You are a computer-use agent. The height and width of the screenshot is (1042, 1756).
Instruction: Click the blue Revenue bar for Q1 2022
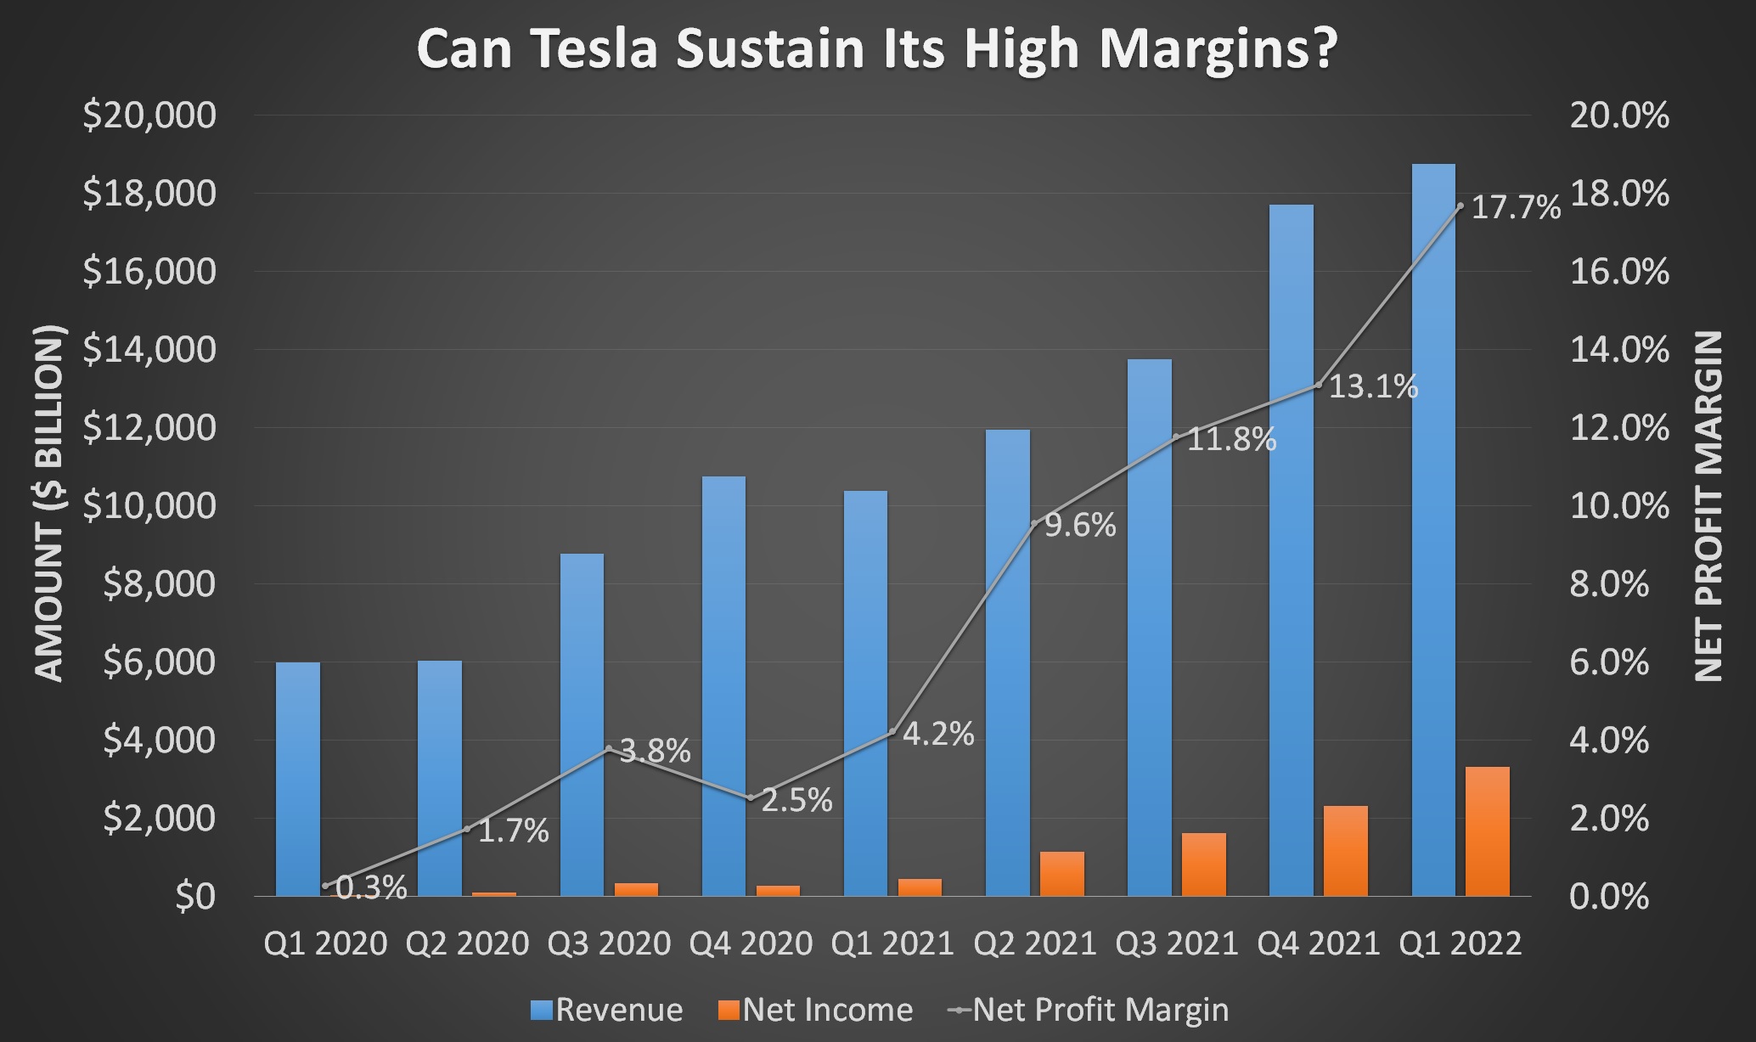(1432, 527)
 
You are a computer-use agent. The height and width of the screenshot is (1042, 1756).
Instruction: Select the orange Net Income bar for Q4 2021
(1346, 851)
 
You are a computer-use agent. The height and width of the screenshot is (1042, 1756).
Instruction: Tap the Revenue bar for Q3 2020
(582, 722)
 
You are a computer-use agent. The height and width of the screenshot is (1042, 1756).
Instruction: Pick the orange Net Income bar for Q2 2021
(1062, 874)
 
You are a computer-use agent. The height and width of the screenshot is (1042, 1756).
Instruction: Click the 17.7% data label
(1516, 208)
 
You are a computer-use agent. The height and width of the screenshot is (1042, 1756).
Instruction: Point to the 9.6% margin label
(1080, 527)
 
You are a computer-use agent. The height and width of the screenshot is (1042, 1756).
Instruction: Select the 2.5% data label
(796, 800)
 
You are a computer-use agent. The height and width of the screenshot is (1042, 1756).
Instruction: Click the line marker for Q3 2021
(1176, 437)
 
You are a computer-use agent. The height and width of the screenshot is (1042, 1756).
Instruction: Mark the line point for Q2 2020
(466, 829)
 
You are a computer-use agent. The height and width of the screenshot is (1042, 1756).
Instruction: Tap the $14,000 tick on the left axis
(149, 350)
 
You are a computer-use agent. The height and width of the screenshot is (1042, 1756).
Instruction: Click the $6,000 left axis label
(160, 662)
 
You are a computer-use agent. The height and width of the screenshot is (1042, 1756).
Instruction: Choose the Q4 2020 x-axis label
(751, 943)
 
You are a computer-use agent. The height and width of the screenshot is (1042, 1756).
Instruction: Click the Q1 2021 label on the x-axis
(892, 943)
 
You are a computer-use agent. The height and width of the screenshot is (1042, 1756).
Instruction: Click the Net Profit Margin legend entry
(1089, 1010)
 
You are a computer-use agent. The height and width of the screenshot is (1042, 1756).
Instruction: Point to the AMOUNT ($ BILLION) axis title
(50, 503)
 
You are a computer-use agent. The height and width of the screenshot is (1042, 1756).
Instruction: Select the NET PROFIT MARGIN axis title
(1708, 506)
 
